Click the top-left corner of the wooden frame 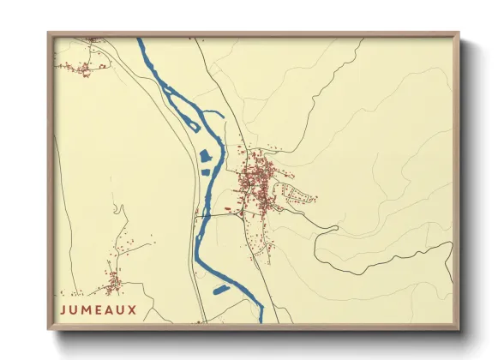tap(49, 33)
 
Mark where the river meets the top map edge tap(140, 39)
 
